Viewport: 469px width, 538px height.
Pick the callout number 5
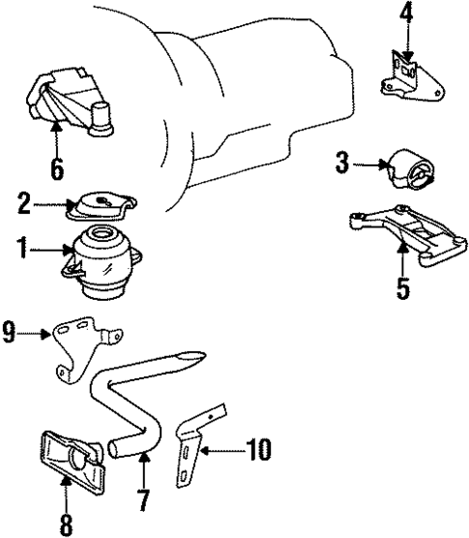tap(402, 287)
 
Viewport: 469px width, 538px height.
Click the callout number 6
tap(56, 169)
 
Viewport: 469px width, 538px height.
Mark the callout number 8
tap(66, 523)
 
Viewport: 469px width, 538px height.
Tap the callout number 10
tap(257, 450)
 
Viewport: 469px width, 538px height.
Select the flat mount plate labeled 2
tap(104, 206)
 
